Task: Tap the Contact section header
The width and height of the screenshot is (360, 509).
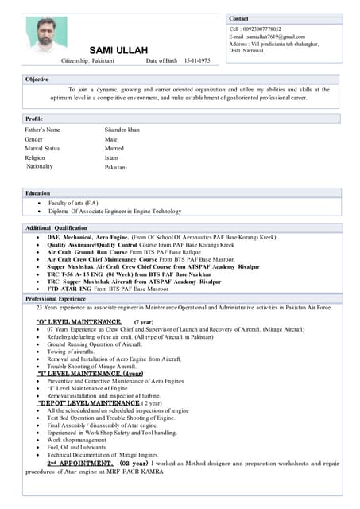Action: pos(238,18)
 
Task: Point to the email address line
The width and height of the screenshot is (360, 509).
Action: pos(267,37)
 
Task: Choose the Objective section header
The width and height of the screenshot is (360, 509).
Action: pos(37,80)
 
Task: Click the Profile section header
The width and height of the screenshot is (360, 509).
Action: pos(34,119)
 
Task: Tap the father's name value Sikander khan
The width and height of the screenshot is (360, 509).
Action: pos(122,129)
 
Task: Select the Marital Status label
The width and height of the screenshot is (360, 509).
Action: pos(42,148)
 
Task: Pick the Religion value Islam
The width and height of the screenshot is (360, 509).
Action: pos(111,157)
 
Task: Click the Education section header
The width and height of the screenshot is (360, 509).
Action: pos(37,193)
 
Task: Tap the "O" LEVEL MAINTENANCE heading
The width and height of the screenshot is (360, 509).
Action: pos(79,321)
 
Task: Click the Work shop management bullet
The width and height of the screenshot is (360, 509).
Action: pos(76,439)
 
